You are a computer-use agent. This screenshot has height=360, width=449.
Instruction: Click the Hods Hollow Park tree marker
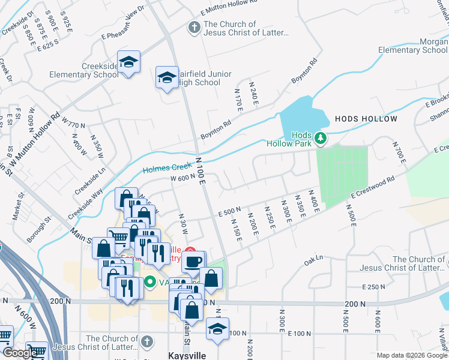[321, 139]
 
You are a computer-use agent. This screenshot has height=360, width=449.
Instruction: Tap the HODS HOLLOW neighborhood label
[366, 119]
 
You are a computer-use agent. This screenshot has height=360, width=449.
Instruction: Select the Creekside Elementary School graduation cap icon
[128, 62]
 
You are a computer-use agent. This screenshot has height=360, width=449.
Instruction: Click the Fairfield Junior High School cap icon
[167, 77]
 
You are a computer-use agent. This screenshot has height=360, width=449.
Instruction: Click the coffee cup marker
[193, 262]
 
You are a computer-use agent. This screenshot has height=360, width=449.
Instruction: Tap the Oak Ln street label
[313, 259]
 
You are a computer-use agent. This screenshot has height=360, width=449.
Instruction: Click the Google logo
[20, 353]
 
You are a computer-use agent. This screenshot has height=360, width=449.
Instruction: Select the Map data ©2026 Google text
[412, 355]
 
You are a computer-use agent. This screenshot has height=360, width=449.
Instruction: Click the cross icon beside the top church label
[194, 28]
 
